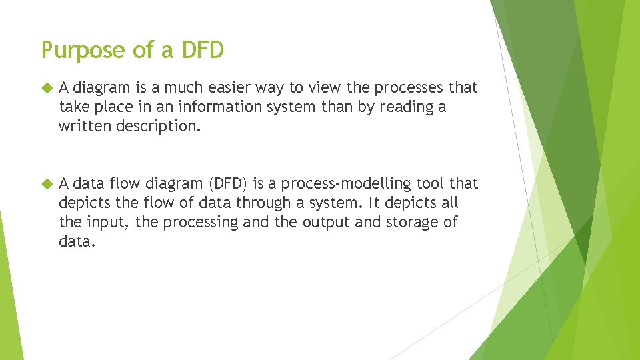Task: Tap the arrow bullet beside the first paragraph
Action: tap(46, 87)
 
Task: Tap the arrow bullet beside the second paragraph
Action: tap(46, 183)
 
